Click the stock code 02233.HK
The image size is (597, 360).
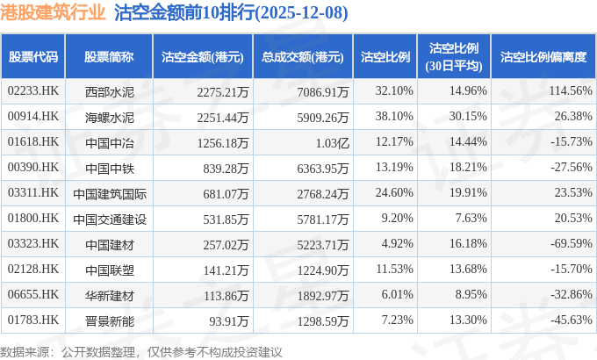(x=33, y=90)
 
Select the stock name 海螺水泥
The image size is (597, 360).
(x=109, y=116)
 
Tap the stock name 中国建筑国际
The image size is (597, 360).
(x=109, y=192)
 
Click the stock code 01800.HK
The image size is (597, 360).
(x=33, y=218)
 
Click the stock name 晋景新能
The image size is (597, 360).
(x=109, y=320)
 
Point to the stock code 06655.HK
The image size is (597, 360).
(x=33, y=294)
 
